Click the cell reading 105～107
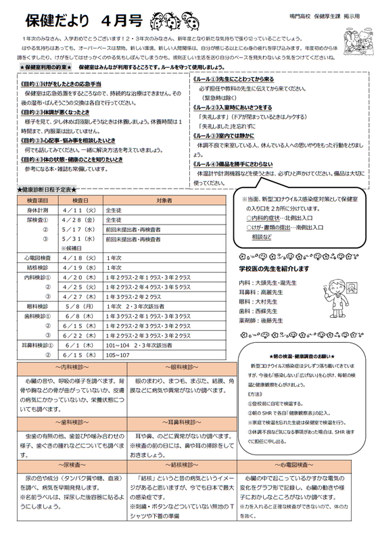[119, 355]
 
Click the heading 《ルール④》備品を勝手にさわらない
[233, 164]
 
